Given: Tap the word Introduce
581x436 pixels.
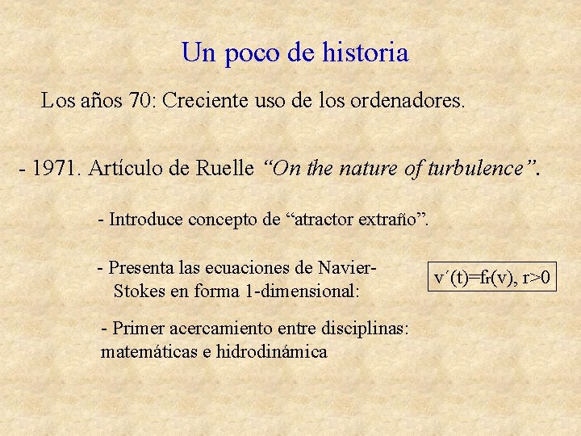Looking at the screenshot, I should click(x=144, y=219).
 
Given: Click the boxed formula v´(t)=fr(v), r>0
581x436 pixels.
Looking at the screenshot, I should click(x=492, y=279).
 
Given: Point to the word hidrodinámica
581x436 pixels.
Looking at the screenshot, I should click(x=271, y=352).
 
